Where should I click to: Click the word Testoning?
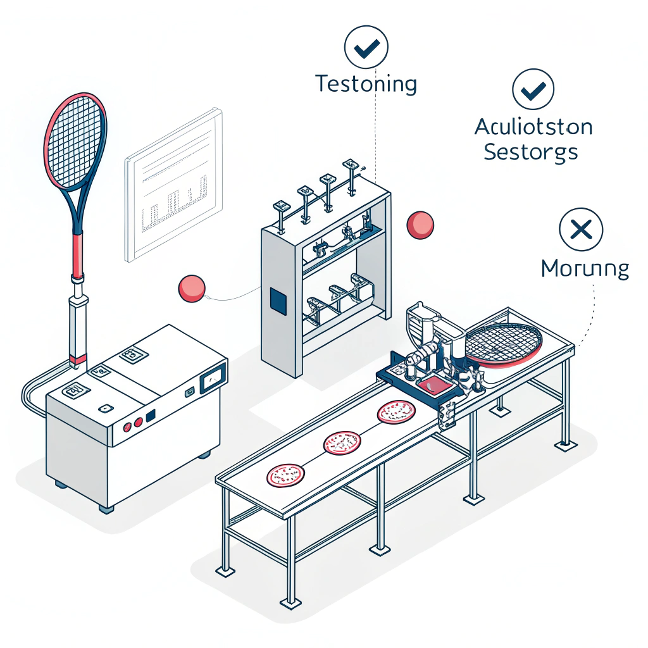click(x=366, y=84)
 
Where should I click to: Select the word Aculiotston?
click(x=533, y=127)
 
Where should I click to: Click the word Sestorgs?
click(x=530, y=153)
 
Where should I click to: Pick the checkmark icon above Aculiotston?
click(x=533, y=90)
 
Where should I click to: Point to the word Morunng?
click(x=585, y=269)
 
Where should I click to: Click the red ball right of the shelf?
click(x=420, y=225)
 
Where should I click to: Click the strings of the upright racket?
click(x=75, y=139)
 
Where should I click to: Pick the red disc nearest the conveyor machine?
click(x=396, y=411)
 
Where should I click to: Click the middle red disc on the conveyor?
click(x=342, y=442)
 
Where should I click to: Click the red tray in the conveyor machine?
click(x=432, y=384)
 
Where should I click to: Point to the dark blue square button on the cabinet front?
click(x=151, y=416)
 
